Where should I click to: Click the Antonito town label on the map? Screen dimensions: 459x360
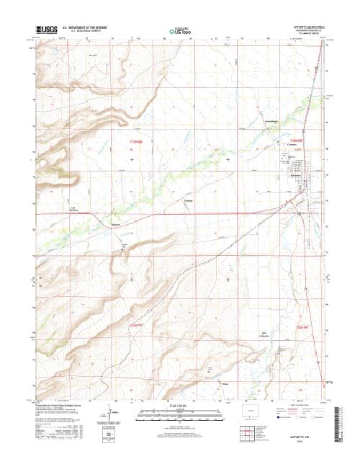[289, 175]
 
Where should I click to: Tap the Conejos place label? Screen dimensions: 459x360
[292, 144]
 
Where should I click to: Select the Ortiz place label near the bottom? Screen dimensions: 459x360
[225, 383]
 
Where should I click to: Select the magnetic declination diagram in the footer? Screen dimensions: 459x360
[109, 419]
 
